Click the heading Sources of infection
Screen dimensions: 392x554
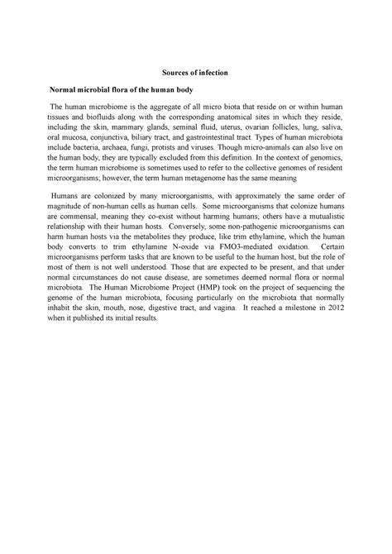(196, 73)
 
